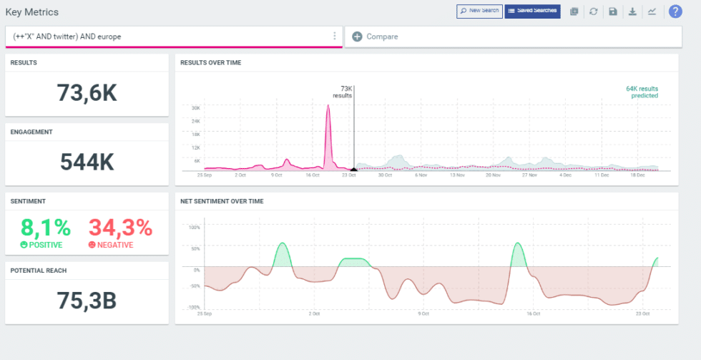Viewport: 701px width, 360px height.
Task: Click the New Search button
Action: coord(479,11)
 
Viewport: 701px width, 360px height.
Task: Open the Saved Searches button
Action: coord(532,11)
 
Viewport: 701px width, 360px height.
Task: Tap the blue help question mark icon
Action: coord(675,11)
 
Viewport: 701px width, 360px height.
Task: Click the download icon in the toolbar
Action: coord(632,11)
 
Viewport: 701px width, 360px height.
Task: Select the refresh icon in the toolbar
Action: coord(594,11)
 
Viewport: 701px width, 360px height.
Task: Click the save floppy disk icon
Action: coord(613,11)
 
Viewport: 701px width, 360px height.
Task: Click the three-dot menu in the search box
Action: coord(334,37)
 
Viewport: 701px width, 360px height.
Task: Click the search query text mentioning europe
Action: coord(67,37)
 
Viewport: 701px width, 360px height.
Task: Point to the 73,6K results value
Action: coord(87,93)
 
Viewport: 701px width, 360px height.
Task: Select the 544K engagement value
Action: coord(87,162)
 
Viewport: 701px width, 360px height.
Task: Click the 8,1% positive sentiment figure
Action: coord(46,228)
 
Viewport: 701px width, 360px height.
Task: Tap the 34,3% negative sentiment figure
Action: coord(120,228)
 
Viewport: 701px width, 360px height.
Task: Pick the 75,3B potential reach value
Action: coord(87,301)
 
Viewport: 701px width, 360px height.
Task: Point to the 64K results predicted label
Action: coord(642,92)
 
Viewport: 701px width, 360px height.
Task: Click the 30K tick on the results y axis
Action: coord(195,108)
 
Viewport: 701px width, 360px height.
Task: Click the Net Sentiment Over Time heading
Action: coord(222,201)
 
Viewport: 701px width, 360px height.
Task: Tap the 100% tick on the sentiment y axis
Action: coord(194,228)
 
